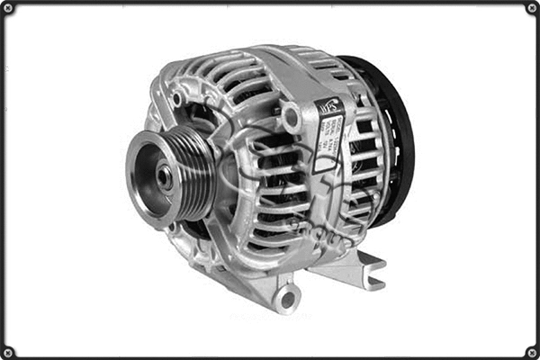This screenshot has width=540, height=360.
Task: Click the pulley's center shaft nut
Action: click(165, 177)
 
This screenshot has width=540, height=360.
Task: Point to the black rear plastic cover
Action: click(391, 135)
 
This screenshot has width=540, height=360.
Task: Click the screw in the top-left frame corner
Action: click(8, 8)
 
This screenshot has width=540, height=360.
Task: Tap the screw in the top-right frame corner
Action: click(532, 8)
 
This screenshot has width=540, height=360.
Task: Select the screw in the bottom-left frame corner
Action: click(8, 352)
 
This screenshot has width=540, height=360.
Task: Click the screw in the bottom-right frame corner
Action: click(532, 352)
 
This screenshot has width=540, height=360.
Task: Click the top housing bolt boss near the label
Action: click(291, 115)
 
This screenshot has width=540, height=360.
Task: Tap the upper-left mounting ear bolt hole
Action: click(177, 97)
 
